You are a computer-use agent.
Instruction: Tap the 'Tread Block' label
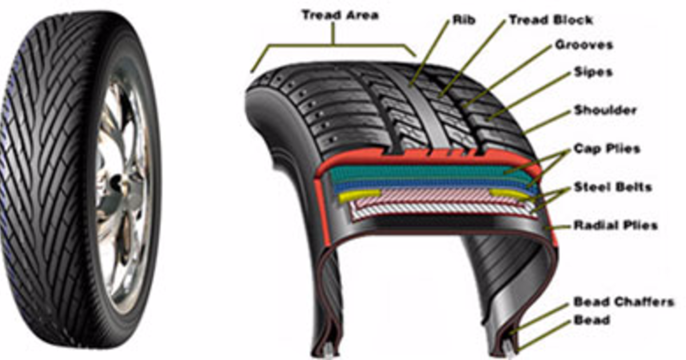point(551,20)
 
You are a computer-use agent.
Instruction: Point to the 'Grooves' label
point(584,45)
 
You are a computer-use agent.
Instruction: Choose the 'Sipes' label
point(593,72)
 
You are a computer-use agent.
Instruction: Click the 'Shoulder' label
point(605,110)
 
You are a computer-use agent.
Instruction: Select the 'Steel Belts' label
point(612,187)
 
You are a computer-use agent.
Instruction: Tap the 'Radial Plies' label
point(615,225)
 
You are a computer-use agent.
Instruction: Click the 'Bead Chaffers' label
point(623,302)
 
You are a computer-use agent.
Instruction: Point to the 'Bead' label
point(591,321)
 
